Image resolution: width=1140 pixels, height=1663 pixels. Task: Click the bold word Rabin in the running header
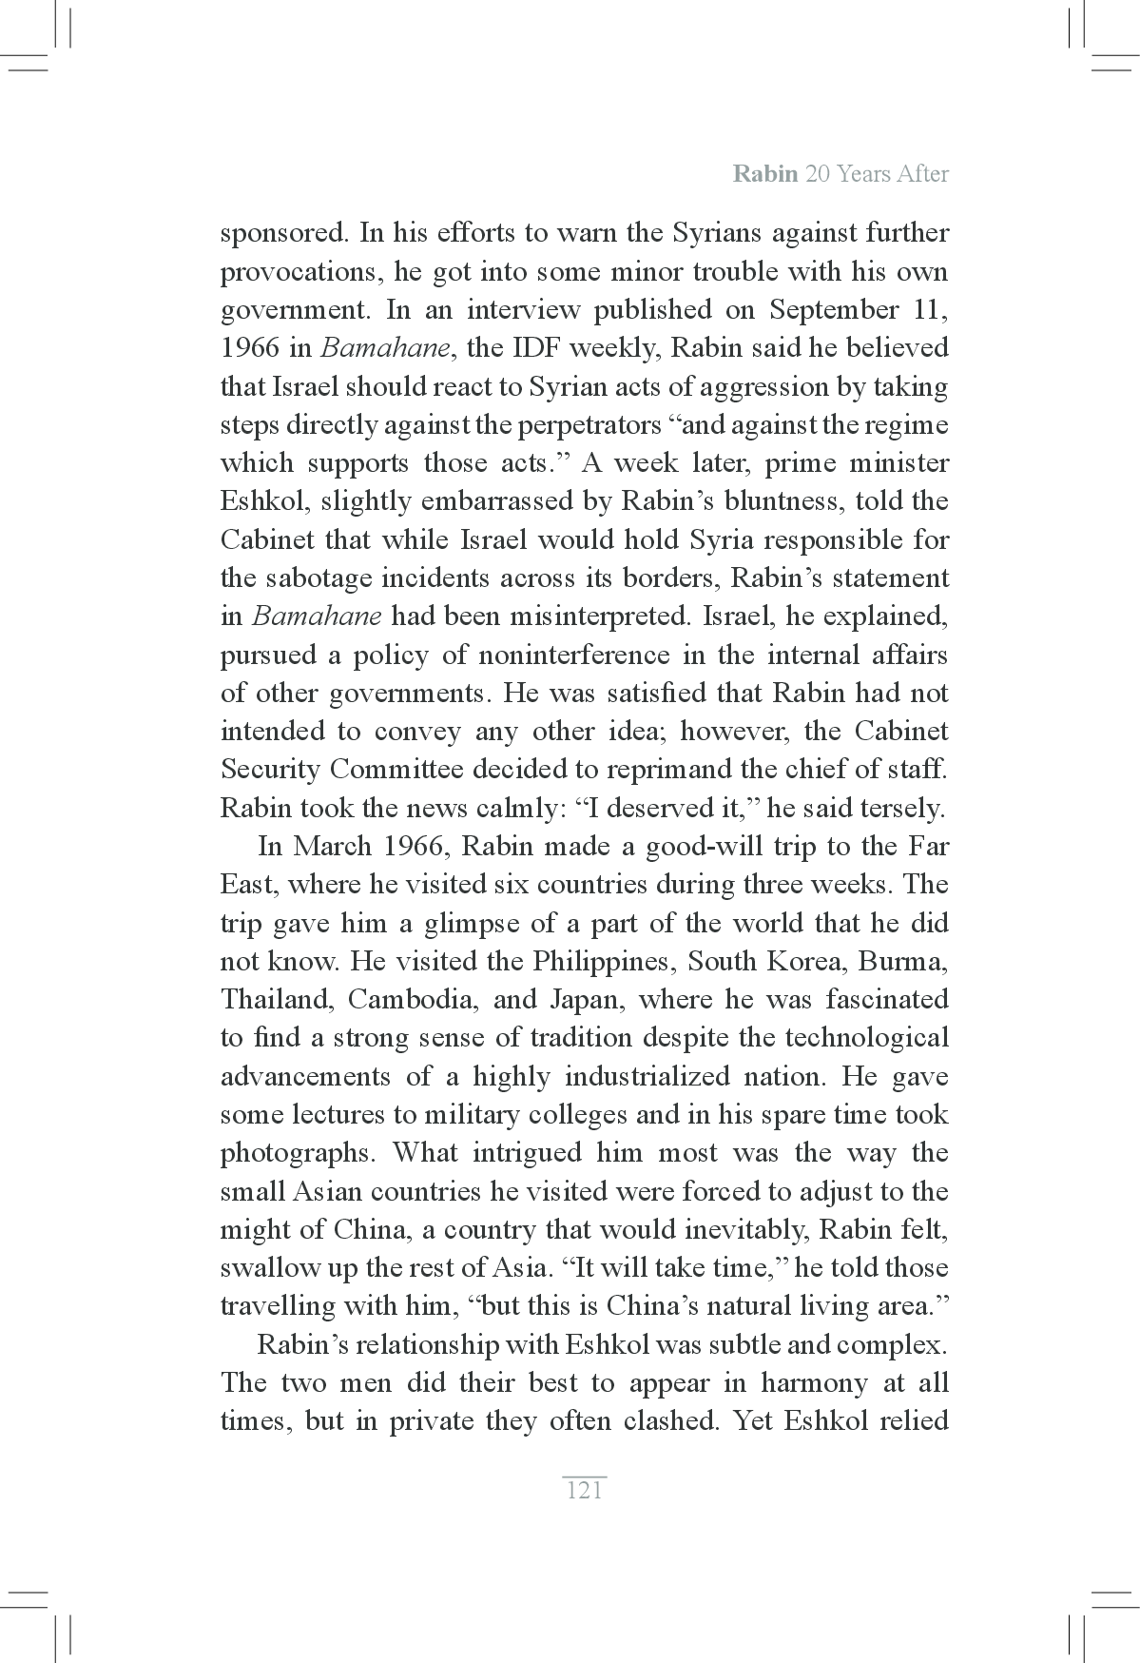tap(764, 175)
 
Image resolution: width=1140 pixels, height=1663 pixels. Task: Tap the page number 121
tap(584, 1490)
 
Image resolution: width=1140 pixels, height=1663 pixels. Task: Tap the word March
tap(335, 846)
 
